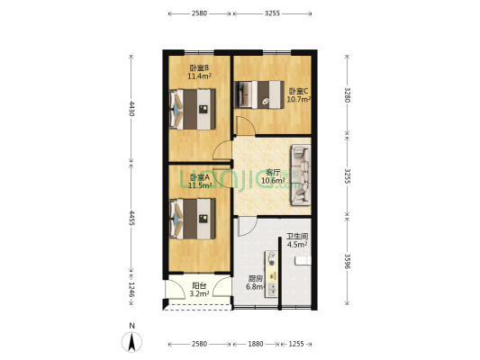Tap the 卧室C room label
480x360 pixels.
tap(298, 91)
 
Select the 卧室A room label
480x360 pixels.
tap(200, 177)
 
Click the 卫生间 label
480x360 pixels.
tap(297, 237)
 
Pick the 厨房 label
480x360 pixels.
tap(255, 279)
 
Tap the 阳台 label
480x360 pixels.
tap(199, 286)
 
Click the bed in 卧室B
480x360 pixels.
tap(193, 109)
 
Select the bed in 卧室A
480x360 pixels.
tap(193, 219)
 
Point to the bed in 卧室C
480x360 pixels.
tap(259, 94)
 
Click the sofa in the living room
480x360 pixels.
tap(301, 175)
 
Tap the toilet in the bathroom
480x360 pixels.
tap(303, 261)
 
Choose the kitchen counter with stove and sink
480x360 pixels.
tap(271, 274)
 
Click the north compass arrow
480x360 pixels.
tap(132, 342)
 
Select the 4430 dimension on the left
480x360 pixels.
tap(131, 109)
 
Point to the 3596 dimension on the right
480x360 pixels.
tap(347, 261)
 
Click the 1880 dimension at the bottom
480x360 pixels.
tap(256, 344)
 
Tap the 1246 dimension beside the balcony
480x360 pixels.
tap(131, 289)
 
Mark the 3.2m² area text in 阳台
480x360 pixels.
tap(199, 294)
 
